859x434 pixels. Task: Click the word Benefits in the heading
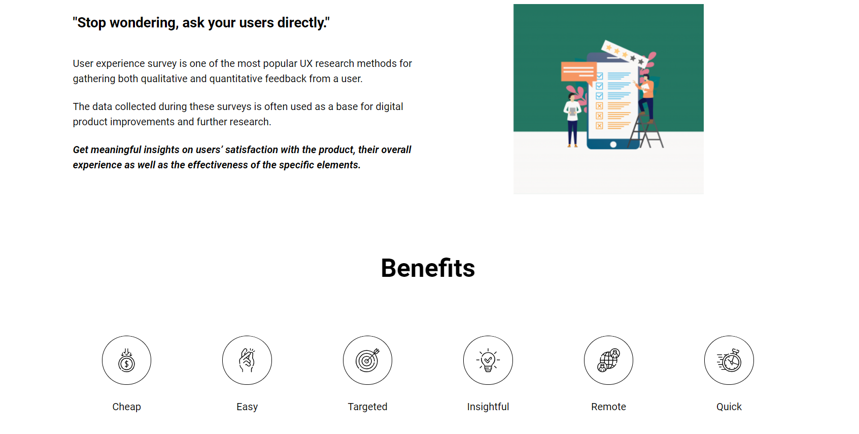point(428,268)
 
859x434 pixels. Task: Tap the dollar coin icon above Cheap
point(126,360)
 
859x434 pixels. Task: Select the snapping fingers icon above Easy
point(247,360)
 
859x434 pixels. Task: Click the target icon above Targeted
point(367,360)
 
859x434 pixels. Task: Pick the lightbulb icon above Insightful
point(488,360)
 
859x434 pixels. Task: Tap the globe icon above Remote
point(608,360)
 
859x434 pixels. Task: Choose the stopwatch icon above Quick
point(729,360)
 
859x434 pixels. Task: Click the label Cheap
point(126,407)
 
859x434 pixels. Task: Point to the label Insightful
point(488,407)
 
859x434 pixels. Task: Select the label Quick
point(729,407)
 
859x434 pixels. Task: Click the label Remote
point(608,407)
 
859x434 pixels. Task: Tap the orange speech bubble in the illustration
point(578,71)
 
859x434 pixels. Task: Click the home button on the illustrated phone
point(613,144)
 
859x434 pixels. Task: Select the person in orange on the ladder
point(646,96)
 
